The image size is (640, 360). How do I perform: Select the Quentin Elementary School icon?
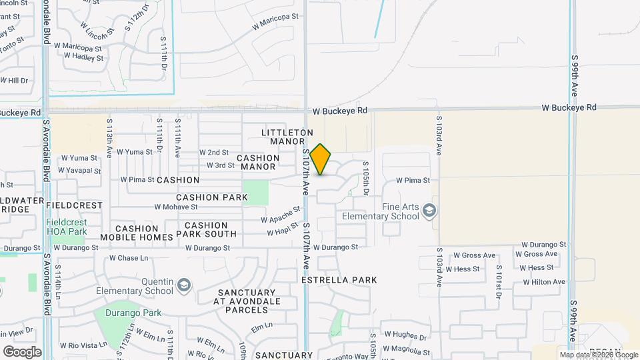click(x=184, y=286)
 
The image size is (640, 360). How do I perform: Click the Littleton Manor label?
click(x=287, y=137)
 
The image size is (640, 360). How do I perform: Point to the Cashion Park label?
click(x=212, y=197)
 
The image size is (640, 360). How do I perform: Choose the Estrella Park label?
click(x=339, y=280)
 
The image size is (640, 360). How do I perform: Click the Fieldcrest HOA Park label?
click(x=67, y=227)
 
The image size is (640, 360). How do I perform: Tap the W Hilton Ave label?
click(x=544, y=282)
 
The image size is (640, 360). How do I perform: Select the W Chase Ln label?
click(x=129, y=257)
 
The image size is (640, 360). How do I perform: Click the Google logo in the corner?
click(x=22, y=351)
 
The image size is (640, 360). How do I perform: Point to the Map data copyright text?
click(x=599, y=355)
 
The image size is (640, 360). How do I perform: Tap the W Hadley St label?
click(x=84, y=58)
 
